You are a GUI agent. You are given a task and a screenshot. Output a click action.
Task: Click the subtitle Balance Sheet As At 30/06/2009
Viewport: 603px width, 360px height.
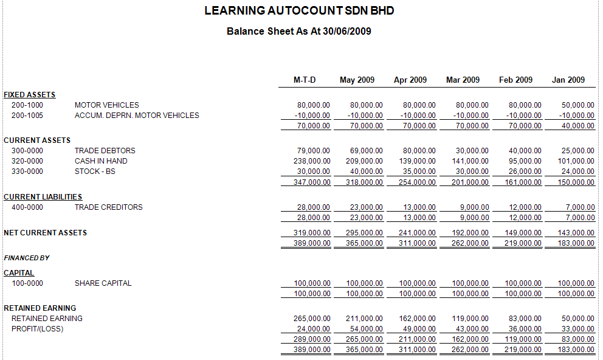point(299,31)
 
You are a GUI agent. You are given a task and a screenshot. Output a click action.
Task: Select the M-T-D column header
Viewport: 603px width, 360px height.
point(305,80)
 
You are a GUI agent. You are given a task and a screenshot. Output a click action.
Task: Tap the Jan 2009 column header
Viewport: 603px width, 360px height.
point(568,80)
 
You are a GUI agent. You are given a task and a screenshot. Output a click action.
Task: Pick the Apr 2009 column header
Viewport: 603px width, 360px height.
point(410,80)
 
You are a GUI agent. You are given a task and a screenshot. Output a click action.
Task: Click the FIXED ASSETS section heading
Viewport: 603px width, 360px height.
point(30,95)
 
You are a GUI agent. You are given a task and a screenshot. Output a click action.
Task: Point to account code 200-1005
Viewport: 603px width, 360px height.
point(27,116)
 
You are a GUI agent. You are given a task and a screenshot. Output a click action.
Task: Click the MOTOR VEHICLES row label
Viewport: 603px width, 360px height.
point(107,105)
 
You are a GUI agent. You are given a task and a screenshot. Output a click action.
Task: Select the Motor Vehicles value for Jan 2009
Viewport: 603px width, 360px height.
point(577,105)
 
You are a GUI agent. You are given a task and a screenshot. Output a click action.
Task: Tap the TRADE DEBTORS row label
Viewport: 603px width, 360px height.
point(105,151)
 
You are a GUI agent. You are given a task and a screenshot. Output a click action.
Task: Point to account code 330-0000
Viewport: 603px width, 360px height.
point(27,171)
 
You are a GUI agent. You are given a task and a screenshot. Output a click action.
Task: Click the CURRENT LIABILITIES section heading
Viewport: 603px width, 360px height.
point(43,197)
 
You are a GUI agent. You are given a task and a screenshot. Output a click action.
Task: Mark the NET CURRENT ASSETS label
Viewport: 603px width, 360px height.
point(46,233)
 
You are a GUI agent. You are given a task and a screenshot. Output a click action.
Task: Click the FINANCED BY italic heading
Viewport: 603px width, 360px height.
point(27,258)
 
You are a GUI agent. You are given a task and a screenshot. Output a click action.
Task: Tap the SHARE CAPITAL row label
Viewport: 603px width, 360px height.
point(103,283)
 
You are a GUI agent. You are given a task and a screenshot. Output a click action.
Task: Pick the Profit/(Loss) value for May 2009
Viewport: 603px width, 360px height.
point(367,329)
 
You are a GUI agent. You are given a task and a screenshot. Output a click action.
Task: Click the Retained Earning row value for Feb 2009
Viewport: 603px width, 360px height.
point(525,319)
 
